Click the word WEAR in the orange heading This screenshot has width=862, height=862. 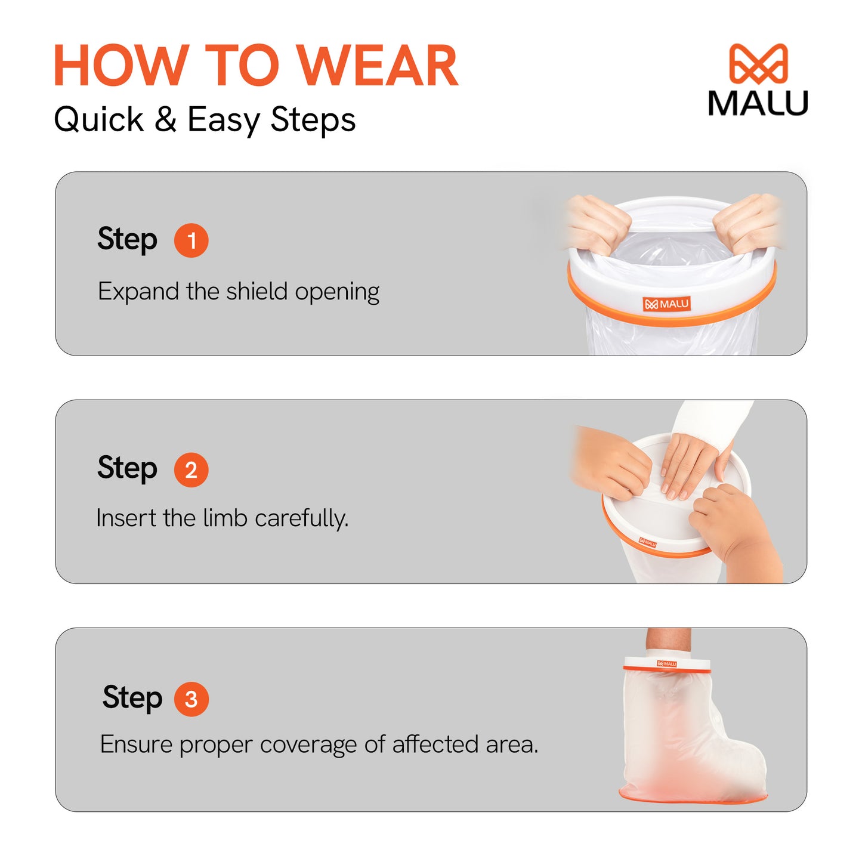(377, 66)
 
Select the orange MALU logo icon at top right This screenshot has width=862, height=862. (758, 63)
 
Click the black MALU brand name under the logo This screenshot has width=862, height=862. (758, 104)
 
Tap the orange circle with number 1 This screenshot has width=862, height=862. (191, 240)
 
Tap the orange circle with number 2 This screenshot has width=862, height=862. (191, 470)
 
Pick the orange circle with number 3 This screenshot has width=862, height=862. (191, 699)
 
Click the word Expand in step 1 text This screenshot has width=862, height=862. (138, 292)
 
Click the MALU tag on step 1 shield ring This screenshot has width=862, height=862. (666, 304)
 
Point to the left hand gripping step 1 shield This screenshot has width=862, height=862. (597, 224)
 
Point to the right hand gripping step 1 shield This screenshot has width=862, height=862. (748, 222)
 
